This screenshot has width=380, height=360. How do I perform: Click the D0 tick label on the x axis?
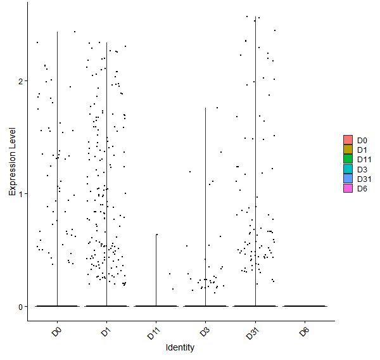(57, 332)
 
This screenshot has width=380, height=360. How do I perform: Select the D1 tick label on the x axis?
(106, 332)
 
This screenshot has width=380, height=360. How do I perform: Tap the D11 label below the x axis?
(154, 333)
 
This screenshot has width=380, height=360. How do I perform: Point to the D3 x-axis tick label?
(205, 332)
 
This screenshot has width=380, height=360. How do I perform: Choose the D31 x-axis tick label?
(253, 333)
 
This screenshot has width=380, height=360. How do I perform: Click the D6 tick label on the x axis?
(304, 332)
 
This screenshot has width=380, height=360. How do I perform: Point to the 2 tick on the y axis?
(21, 81)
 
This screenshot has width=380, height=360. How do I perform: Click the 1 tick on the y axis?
(21, 194)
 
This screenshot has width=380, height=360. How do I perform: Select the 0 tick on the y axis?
(21, 307)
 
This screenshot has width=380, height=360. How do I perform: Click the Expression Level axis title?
(12, 162)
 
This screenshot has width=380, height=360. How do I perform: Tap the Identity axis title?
(180, 347)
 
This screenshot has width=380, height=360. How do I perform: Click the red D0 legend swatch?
(348, 140)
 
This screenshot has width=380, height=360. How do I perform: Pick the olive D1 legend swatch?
(348, 150)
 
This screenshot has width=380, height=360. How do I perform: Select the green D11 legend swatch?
(348, 159)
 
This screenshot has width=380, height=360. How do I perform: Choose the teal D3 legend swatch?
(348, 169)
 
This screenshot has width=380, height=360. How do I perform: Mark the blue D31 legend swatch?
(348, 178)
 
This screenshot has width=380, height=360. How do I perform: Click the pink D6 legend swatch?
(348, 188)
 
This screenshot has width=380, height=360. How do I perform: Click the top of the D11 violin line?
(156, 235)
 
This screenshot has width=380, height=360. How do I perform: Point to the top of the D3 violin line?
(205, 108)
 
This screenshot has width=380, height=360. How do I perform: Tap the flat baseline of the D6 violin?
(305, 306)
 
